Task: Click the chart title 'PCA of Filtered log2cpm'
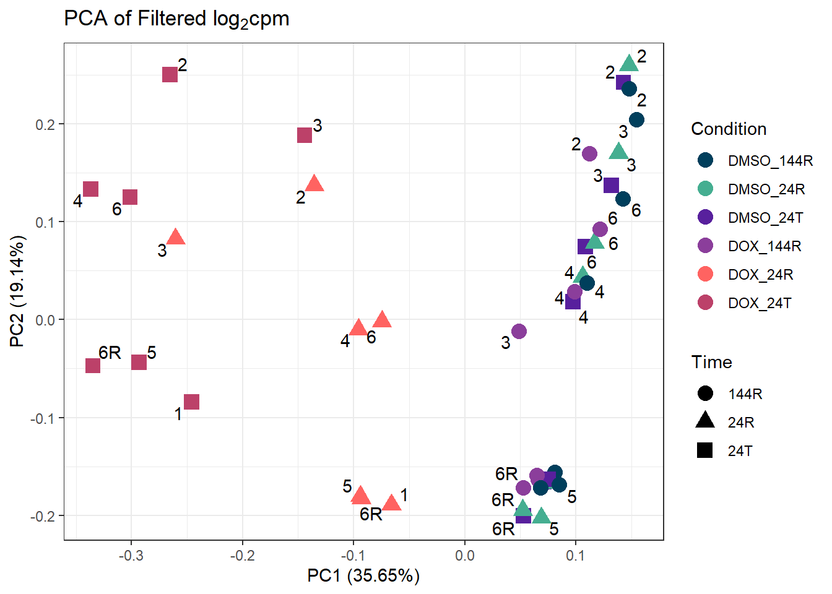coord(176,19)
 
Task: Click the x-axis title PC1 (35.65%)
coord(363,575)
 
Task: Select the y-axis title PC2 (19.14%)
coord(17,291)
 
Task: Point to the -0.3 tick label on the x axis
coord(131,555)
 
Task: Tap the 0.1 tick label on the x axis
coord(576,555)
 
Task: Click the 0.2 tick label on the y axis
coord(46,124)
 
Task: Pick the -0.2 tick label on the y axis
coord(43,516)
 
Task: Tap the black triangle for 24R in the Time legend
coord(705,421)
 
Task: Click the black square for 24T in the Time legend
coord(705,450)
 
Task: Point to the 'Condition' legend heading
coord(729,129)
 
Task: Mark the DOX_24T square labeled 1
coord(191,402)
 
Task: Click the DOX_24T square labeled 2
coord(170,75)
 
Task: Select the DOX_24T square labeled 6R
coord(93,366)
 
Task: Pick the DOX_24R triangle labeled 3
coord(176,237)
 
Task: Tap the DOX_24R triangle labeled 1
coord(391,502)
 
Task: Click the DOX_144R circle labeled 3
coord(519,332)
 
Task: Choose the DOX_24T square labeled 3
coord(305,136)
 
